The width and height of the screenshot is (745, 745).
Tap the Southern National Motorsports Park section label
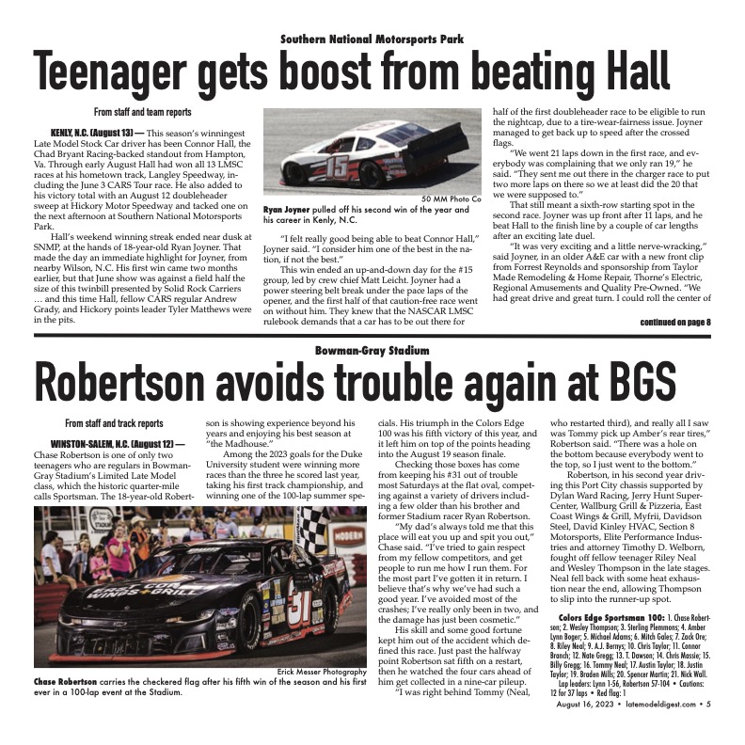click(372, 39)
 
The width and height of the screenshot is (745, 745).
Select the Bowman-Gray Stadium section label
click(372, 351)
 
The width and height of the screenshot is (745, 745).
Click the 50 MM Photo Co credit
click(451, 198)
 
